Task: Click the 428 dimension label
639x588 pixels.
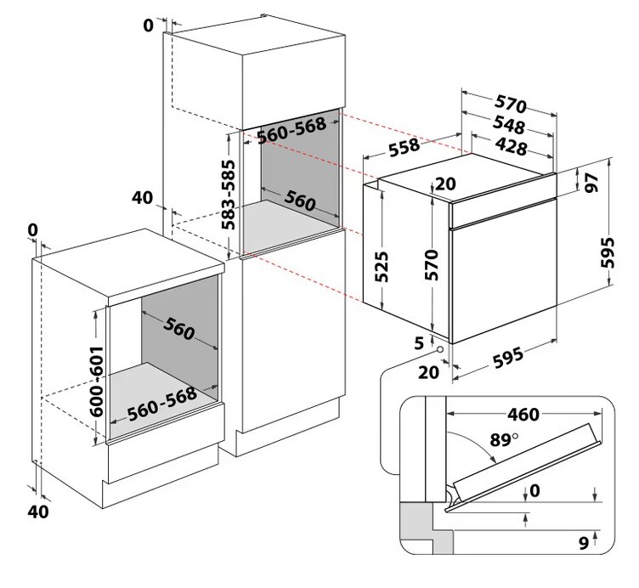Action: coord(511,147)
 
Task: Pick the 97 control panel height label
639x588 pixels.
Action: coord(592,182)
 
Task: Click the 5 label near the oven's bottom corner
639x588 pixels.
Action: coord(418,343)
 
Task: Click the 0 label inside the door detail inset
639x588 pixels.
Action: coord(533,491)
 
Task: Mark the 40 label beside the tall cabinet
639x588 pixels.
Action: coord(142,198)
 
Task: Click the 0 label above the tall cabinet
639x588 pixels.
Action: coord(149,25)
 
